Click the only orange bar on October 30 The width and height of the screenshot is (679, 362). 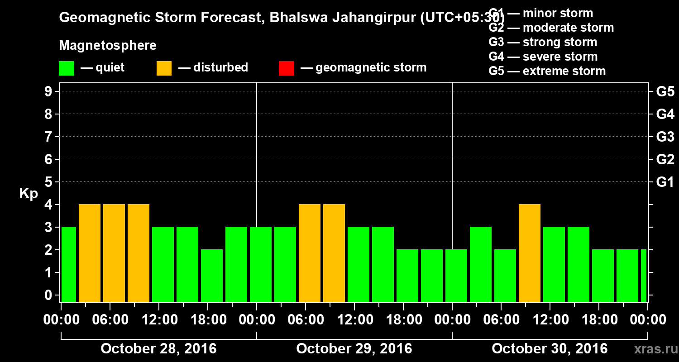530,253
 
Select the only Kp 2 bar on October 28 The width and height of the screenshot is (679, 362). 212,276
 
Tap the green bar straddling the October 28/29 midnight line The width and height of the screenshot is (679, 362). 261,264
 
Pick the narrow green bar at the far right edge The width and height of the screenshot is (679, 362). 644,276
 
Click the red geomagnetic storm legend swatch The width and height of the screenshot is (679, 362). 286,68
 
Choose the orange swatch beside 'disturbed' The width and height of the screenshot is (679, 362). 164,68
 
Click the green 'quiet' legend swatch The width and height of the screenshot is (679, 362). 66,68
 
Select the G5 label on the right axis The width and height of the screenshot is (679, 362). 665,91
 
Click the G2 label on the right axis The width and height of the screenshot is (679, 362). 665,159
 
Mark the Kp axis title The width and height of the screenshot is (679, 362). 29,194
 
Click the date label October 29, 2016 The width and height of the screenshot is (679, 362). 354,349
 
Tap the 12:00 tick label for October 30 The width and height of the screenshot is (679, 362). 550,320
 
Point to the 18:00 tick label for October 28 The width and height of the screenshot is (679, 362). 208,320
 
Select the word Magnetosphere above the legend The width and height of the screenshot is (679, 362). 108,46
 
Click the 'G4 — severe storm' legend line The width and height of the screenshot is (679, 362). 543,57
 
